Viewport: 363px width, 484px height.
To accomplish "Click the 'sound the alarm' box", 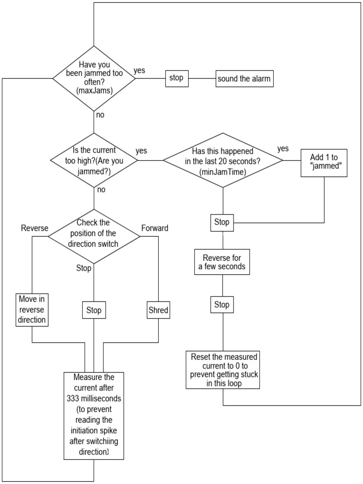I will point(244,78).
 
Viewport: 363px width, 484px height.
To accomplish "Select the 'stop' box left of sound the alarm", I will point(176,78).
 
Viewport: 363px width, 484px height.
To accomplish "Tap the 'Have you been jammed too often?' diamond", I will point(94,78).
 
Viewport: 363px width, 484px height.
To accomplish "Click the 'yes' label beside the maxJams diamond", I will point(139,70).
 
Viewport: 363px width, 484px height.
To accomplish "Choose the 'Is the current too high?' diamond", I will point(94,161).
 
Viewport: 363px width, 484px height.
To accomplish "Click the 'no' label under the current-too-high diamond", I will point(101,190).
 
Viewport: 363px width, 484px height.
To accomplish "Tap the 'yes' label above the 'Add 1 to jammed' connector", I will point(283,148).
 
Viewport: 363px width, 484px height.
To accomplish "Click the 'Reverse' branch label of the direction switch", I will point(35,228).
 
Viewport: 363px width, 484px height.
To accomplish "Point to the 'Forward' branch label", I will point(155,228).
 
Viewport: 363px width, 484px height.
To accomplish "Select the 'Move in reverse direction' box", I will point(32,310).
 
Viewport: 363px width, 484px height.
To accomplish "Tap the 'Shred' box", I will point(158,311).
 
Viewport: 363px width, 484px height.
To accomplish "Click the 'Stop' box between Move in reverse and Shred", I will point(94,311).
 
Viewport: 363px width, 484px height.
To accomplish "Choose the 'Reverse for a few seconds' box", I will point(222,262).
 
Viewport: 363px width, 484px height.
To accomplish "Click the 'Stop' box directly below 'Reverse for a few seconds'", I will point(222,305).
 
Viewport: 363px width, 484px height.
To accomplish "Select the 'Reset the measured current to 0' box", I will point(223,370).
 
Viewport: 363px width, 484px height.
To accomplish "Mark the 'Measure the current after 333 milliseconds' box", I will point(94,415).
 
